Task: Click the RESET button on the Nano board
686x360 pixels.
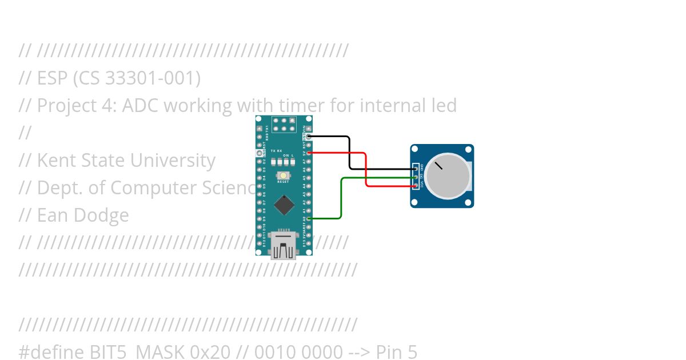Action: pyautogui.click(x=283, y=175)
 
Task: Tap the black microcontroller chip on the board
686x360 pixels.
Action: pyautogui.click(x=284, y=205)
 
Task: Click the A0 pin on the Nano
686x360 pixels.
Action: pyautogui.click(x=309, y=218)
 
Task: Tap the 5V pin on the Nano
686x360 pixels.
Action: pyautogui.click(x=309, y=153)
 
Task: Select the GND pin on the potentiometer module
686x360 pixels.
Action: pyautogui.click(x=415, y=169)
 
